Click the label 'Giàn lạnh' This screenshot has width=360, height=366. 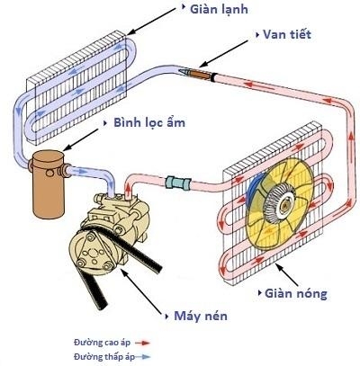(x=219, y=10)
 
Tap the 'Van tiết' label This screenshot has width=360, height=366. (x=287, y=34)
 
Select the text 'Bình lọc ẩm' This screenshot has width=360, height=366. (x=149, y=123)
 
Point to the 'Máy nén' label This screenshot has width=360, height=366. (x=201, y=316)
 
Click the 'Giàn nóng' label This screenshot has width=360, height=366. (x=296, y=293)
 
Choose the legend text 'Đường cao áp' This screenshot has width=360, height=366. (x=103, y=343)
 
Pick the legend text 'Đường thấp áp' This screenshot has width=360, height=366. (x=104, y=357)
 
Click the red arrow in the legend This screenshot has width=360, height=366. (x=142, y=343)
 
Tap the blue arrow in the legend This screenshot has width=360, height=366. (x=142, y=357)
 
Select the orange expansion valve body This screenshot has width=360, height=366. (x=200, y=74)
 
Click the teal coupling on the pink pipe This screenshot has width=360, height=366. (x=178, y=183)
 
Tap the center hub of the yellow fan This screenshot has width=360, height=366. (x=283, y=204)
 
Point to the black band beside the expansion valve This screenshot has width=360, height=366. (x=212, y=77)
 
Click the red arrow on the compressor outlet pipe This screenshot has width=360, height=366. (x=128, y=190)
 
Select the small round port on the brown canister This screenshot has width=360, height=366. (x=49, y=173)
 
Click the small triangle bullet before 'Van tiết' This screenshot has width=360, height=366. (x=257, y=35)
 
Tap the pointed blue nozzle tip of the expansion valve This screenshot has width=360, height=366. (x=181, y=70)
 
